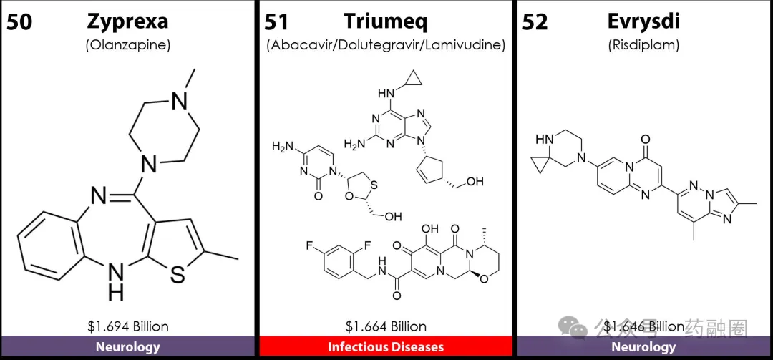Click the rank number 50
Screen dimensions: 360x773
(19, 21)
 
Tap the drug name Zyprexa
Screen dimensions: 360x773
(128, 21)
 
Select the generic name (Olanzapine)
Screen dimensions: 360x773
(128, 45)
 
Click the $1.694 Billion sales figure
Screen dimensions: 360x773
(128, 326)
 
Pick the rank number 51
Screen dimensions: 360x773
(276, 21)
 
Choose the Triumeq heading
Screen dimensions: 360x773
(385, 21)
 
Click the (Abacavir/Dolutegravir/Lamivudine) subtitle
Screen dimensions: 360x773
(386, 45)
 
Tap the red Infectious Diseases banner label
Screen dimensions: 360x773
(386, 347)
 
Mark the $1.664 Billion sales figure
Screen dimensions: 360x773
(386, 326)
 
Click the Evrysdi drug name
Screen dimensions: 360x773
(643, 21)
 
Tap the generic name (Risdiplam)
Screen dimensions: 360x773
(643, 45)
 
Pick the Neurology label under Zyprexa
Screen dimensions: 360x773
(128, 347)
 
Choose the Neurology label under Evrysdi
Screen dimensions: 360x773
(643, 347)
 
